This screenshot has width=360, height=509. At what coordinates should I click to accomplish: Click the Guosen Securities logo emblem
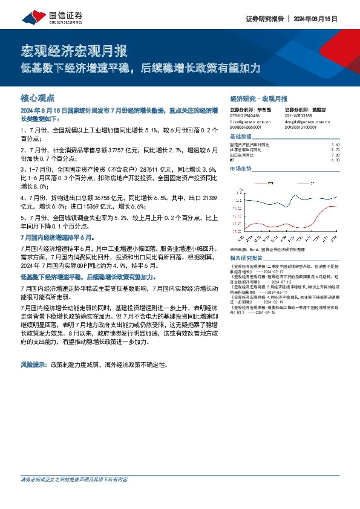(x=31, y=19)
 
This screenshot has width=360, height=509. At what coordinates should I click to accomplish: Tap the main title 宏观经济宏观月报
(x=74, y=50)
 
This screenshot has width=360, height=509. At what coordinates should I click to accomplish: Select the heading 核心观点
(x=38, y=97)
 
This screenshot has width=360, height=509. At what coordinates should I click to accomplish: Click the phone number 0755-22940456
(x=245, y=115)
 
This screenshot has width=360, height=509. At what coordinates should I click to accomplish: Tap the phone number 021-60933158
(x=299, y=115)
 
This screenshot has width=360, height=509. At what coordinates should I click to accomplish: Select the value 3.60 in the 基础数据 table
(x=336, y=145)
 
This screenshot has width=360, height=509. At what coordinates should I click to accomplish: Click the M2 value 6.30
(x=336, y=160)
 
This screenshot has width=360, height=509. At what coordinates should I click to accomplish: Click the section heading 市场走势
(x=241, y=169)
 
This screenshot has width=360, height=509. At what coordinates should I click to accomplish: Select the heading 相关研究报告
(x=245, y=257)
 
